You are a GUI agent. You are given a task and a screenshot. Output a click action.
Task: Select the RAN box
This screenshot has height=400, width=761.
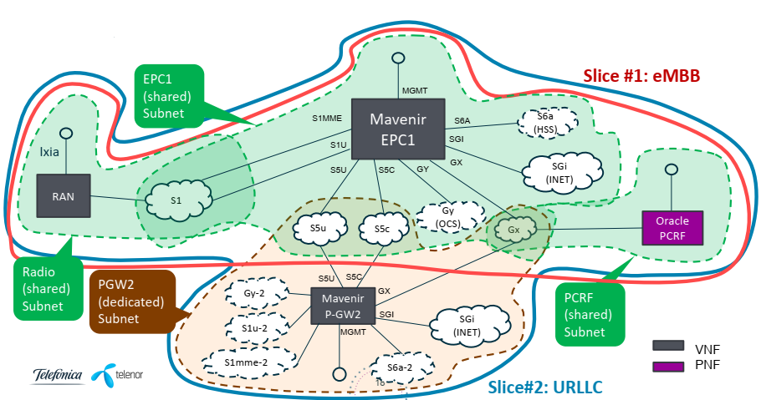(64, 197)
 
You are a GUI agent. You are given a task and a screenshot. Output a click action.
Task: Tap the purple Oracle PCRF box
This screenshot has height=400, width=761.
(672, 226)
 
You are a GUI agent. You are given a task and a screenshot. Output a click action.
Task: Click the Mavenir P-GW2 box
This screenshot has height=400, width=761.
(342, 303)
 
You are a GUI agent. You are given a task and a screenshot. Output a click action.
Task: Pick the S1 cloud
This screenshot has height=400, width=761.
(176, 201)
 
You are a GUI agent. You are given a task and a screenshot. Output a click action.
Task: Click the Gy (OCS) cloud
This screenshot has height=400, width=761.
(448, 217)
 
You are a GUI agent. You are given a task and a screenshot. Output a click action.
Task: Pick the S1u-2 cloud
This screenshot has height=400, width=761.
(254, 329)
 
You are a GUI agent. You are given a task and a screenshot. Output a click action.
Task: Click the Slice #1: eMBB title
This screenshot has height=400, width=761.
(641, 75)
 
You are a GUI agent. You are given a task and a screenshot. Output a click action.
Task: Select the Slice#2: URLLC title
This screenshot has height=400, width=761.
(544, 387)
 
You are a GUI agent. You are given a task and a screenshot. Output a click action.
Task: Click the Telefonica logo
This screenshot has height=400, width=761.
(58, 374)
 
